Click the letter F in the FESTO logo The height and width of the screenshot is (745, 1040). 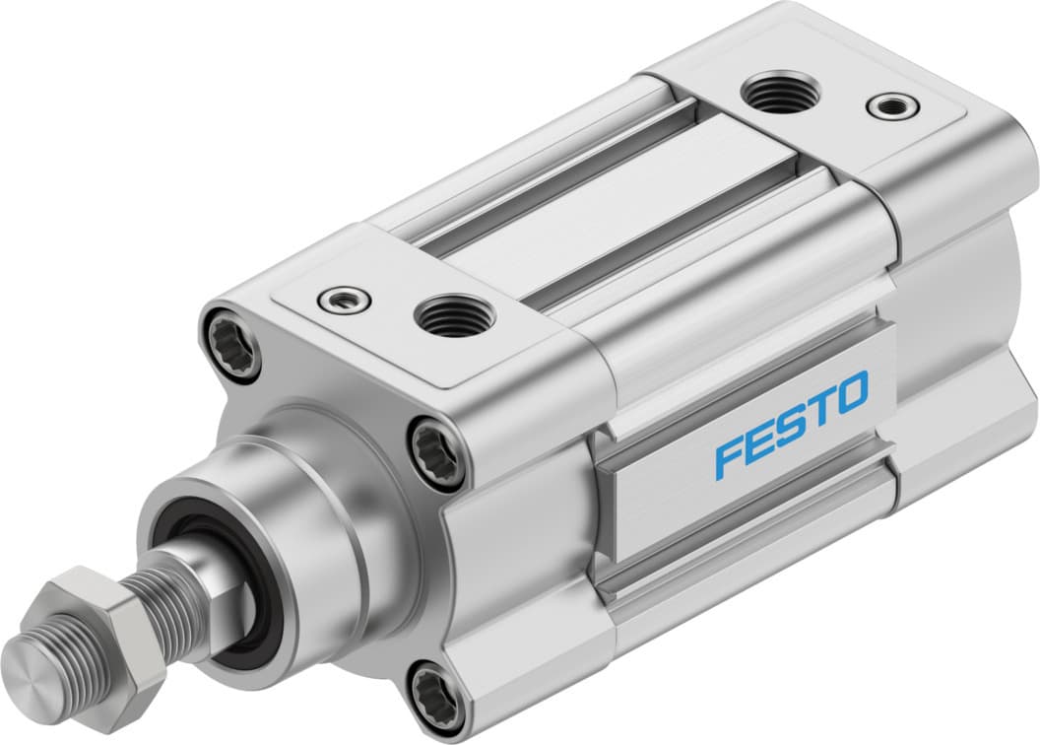tap(729, 458)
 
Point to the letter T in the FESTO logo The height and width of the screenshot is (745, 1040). tap(821, 409)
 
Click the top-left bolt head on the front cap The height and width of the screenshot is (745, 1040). tap(231, 343)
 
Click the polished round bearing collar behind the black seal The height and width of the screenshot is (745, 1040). tap(295, 512)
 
